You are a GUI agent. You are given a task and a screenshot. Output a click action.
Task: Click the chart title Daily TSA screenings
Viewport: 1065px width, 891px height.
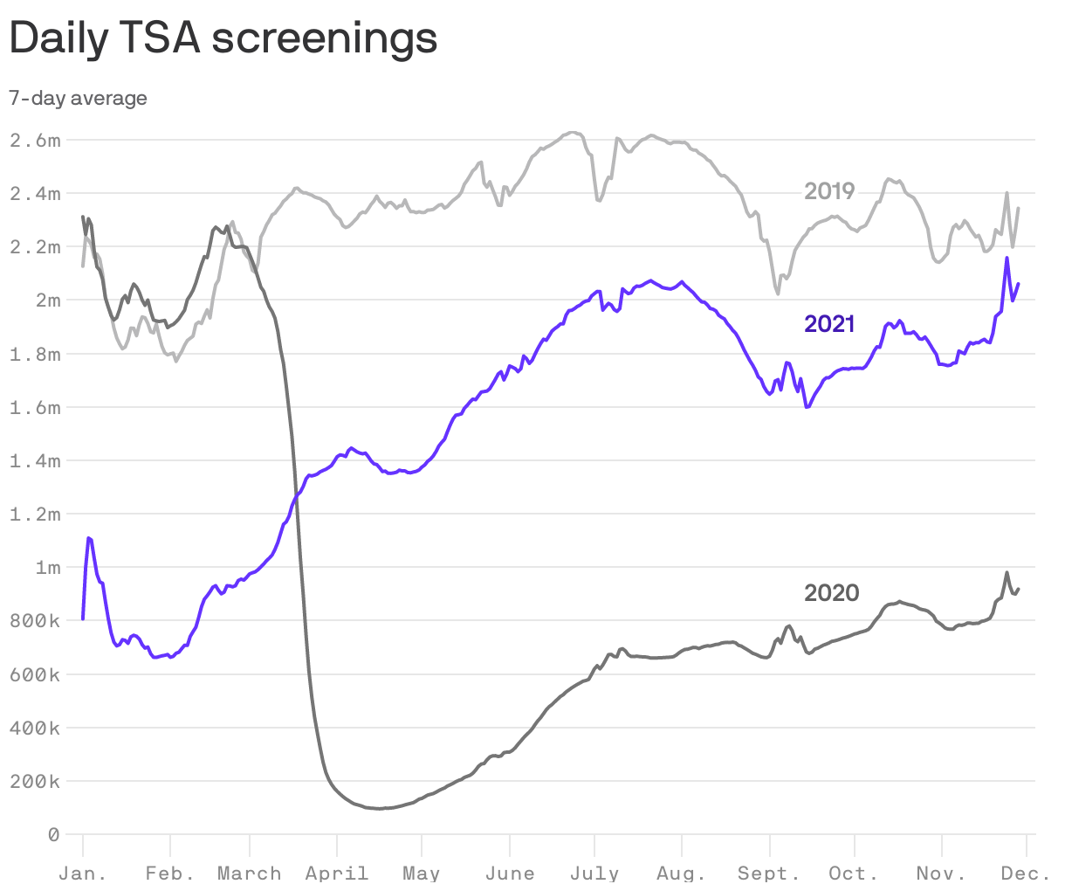[223, 38]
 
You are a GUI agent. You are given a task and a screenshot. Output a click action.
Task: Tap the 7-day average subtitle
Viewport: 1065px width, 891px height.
[78, 98]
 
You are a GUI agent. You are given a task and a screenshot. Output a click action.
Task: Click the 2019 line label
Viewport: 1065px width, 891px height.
[829, 190]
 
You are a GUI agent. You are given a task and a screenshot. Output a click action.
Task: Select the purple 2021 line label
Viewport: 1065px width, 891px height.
[829, 324]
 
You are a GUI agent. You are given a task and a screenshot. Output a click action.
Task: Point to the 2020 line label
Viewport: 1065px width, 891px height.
[831, 593]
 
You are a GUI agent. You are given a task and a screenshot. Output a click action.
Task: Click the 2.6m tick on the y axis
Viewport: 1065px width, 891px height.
[35, 140]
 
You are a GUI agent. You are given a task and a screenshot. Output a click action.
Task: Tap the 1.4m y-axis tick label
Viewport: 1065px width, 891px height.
[35, 460]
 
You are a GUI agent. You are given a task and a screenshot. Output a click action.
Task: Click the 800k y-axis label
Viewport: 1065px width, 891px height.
[35, 621]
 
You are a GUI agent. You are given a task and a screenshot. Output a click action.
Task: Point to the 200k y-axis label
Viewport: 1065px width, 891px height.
[35, 782]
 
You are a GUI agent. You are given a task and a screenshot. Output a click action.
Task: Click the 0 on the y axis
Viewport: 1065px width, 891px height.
[53, 835]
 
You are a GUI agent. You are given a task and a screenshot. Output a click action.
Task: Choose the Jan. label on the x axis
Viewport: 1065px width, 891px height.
[82, 874]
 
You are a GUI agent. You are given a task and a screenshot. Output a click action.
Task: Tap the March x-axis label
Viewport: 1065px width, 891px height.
[249, 874]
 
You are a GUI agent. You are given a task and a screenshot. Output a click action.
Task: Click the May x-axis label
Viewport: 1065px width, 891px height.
[421, 874]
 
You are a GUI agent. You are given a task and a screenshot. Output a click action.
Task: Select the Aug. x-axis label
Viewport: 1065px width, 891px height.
[681, 874]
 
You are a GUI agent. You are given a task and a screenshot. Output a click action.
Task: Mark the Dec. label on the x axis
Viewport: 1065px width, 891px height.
[1026, 874]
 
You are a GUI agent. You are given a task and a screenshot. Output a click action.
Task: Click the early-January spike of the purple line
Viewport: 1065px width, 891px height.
[89, 538]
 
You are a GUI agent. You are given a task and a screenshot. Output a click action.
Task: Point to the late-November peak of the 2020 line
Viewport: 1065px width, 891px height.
[1007, 573]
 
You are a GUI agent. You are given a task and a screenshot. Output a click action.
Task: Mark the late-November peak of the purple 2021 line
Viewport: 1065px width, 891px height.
[1007, 258]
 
